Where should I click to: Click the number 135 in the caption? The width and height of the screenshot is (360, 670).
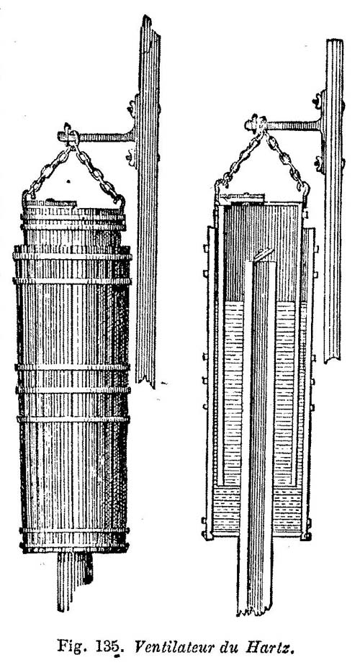pyautogui.click(x=109, y=646)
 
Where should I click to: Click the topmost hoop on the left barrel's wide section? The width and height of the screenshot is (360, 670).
pyautogui.click(x=72, y=256)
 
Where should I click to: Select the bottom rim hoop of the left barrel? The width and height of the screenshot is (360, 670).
pyautogui.click(x=74, y=548)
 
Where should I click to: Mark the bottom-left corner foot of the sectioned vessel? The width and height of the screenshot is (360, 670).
pyautogui.click(x=207, y=535)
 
